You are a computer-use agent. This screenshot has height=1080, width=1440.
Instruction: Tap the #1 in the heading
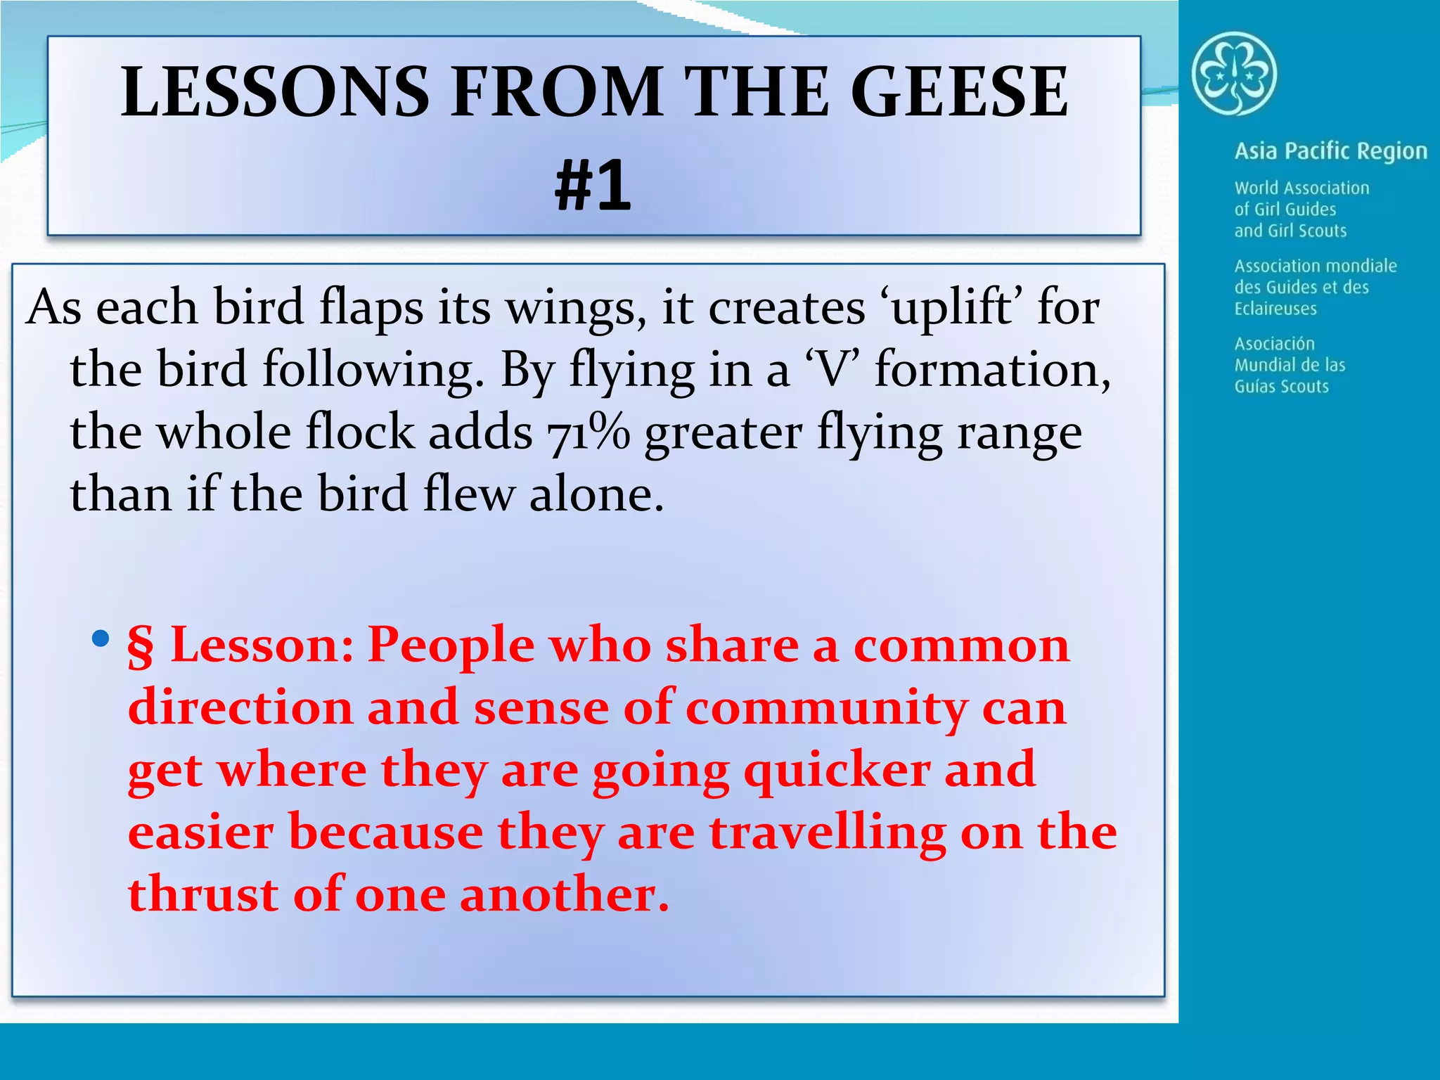pos(593,185)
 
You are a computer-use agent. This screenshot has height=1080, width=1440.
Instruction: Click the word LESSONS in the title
pos(274,91)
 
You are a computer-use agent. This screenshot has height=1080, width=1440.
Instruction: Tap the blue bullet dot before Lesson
pos(101,638)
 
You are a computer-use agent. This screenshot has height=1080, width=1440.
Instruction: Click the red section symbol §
pos(140,645)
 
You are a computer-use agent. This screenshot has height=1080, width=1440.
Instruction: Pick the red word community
pos(826,708)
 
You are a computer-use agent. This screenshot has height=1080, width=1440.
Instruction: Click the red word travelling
pos(827,832)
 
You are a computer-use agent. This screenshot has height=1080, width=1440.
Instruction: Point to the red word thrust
pos(202,894)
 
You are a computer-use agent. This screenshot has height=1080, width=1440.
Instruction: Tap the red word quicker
pos(836,771)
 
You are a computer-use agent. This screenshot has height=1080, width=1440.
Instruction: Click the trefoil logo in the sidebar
pos(1234,74)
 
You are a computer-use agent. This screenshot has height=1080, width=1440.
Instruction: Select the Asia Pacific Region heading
pos(1330,151)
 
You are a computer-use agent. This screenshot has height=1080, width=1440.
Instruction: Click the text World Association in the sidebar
pos(1301,188)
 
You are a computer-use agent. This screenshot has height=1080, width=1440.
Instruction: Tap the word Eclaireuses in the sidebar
pos(1275,309)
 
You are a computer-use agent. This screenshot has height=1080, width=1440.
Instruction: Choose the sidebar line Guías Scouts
pos(1281,387)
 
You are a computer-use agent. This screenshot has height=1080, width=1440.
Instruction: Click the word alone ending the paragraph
pos(596,494)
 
